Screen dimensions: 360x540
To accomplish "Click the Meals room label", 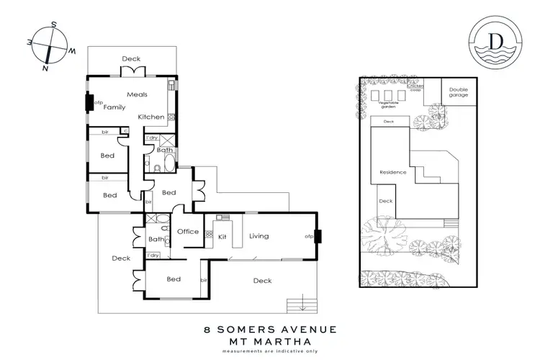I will tap(137, 94).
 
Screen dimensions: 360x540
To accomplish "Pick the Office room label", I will tap(187, 231).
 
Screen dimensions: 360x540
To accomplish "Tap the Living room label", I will tap(258, 235).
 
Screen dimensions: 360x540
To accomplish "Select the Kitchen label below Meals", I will tap(151, 117).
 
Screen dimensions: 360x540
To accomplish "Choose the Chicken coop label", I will tap(416, 88).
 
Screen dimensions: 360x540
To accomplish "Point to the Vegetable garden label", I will tap(389, 104).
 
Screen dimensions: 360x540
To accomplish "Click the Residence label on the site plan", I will tap(393, 172).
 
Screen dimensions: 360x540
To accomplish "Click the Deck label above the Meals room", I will tap(131, 59).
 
